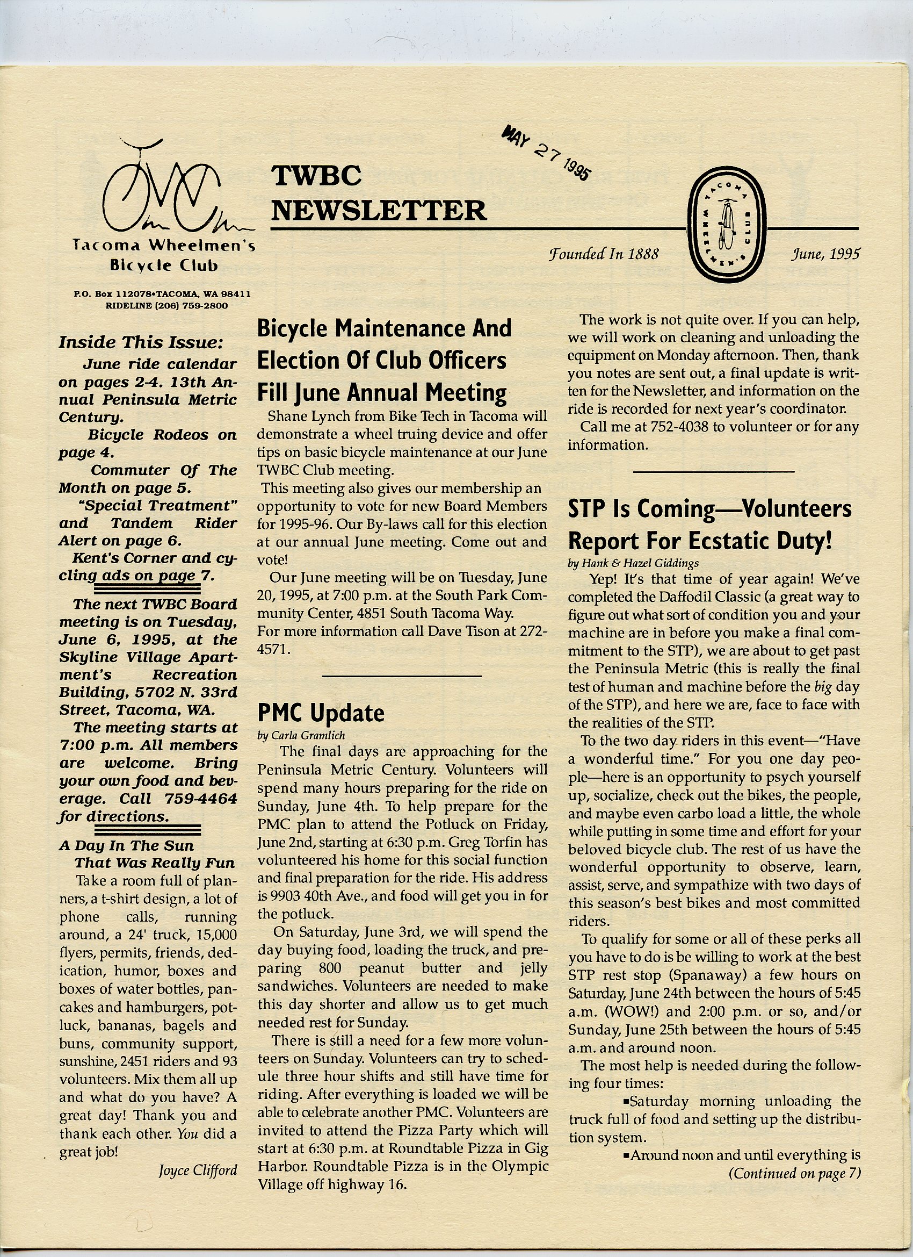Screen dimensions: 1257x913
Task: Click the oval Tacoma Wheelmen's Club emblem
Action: click(726, 226)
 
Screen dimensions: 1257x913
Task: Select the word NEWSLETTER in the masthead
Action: click(379, 211)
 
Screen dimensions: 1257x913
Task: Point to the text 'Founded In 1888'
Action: click(603, 254)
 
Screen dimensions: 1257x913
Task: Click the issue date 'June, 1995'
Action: click(825, 254)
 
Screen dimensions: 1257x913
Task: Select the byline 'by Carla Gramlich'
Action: click(301, 736)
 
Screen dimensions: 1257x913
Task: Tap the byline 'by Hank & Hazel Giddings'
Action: click(633, 563)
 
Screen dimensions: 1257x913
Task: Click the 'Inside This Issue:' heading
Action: click(141, 342)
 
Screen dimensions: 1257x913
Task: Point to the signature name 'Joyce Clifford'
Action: click(198, 1170)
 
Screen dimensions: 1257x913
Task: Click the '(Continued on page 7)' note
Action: click(794, 1173)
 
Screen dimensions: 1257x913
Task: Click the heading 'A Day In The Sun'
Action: click(127, 845)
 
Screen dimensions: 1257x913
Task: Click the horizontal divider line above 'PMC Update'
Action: click(402, 676)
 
